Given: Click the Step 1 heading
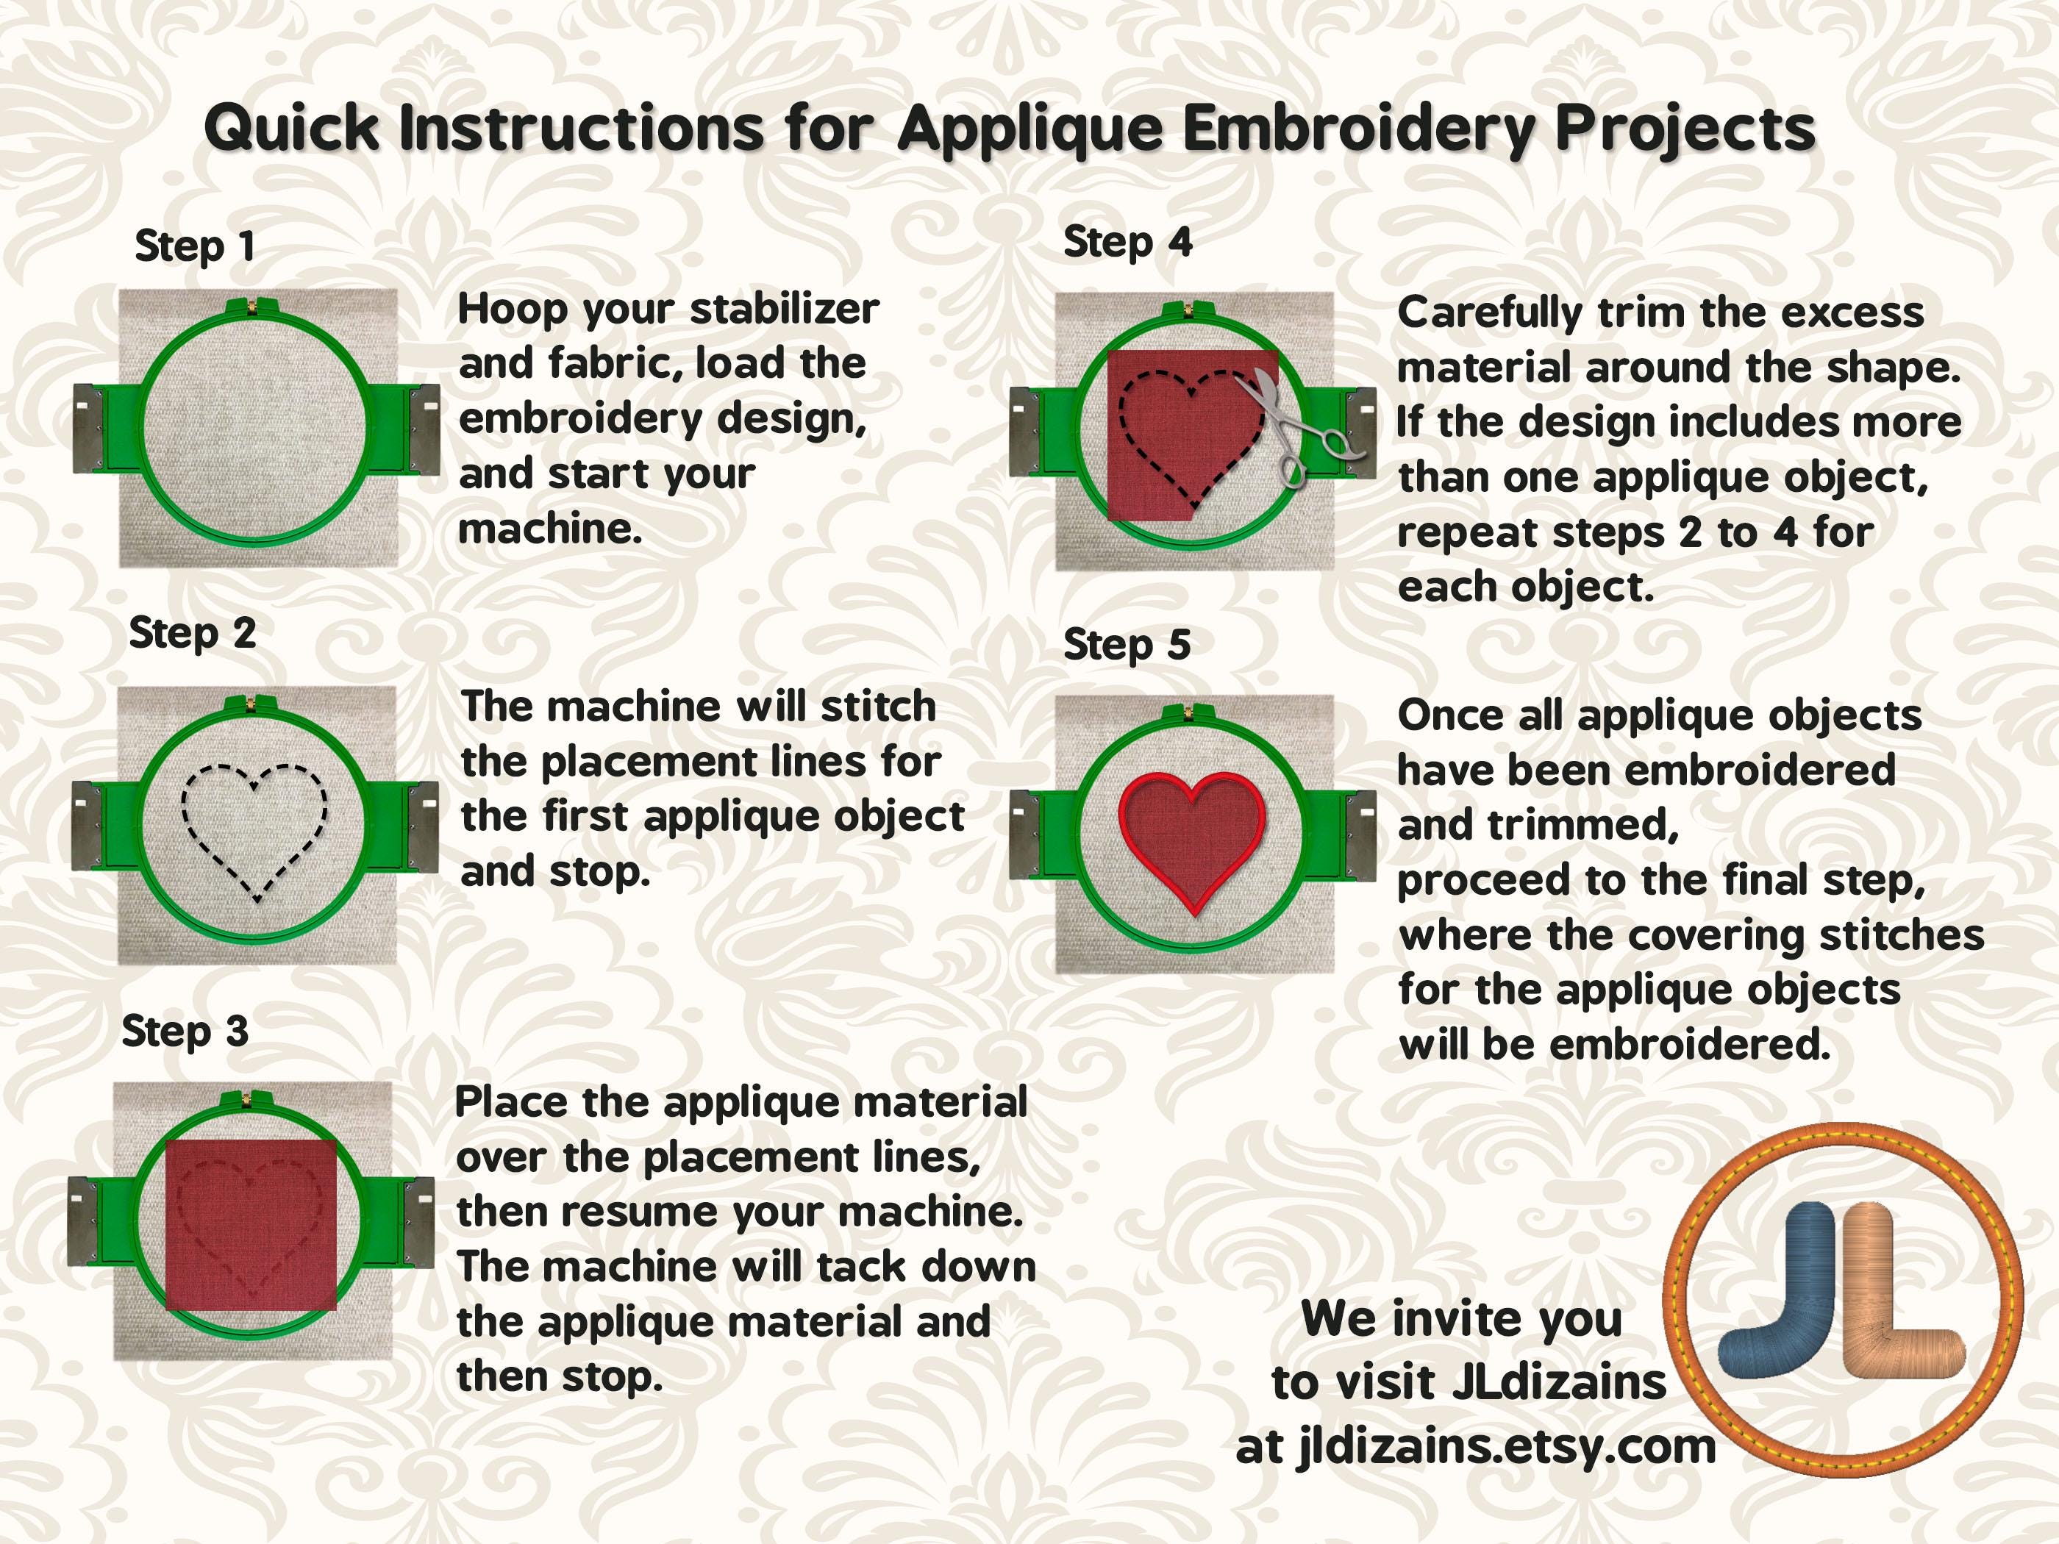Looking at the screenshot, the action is tap(195, 246).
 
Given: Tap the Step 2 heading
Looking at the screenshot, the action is tap(192, 634).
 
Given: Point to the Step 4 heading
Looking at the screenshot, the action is tap(1127, 243).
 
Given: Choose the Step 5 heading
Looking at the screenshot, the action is tap(1127, 644).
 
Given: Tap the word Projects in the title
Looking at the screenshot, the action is tap(1685, 129).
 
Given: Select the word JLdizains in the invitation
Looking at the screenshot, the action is tap(1559, 1382).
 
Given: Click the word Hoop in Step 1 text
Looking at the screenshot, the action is tap(511, 311).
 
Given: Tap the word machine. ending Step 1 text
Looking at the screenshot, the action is tap(550, 529).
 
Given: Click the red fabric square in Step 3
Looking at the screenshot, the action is tap(251, 1224).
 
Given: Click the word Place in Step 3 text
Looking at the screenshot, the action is tap(511, 1103).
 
